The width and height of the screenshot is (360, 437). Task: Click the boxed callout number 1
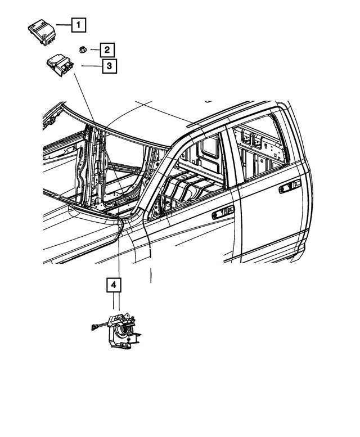[x=79, y=25]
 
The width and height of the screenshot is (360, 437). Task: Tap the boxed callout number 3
[x=109, y=66]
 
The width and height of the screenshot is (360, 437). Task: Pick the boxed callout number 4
[x=114, y=286]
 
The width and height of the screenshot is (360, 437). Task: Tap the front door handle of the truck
[x=223, y=213]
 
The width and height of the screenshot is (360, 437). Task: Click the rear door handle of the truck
[x=289, y=186]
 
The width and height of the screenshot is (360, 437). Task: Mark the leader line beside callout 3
[x=91, y=66]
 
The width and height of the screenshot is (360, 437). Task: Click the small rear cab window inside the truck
[x=210, y=147]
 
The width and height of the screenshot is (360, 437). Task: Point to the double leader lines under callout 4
[x=116, y=304]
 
